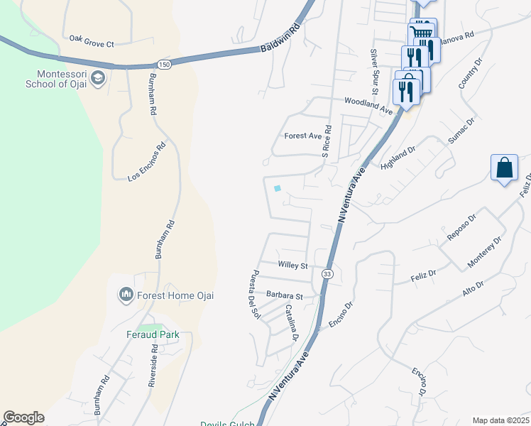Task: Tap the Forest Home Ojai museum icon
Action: (x=126, y=294)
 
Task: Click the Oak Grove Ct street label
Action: (x=92, y=43)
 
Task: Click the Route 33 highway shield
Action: (x=327, y=273)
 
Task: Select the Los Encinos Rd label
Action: (x=146, y=163)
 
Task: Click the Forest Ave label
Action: (x=303, y=136)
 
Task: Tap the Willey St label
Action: (x=292, y=266)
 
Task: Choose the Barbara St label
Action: (x=285, y=295)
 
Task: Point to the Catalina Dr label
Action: (x=291, y=322)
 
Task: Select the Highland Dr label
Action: (x=397, y=155)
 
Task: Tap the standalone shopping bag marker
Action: (x=504, y=169)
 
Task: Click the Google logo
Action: (x=23, y=417)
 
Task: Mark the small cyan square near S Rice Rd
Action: (x=277, y=188)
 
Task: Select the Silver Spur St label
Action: (x=373, y=72)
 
